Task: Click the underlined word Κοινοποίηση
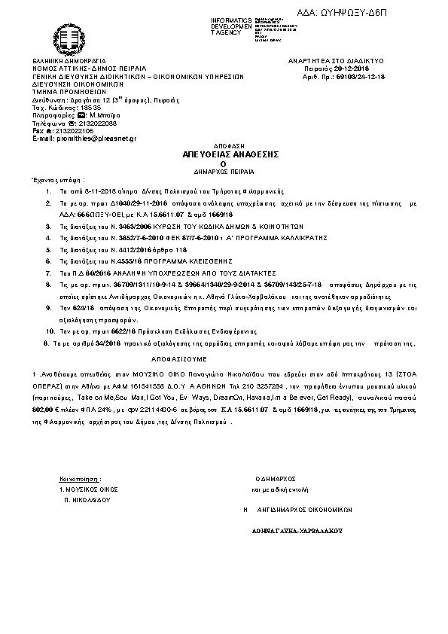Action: (78, 479)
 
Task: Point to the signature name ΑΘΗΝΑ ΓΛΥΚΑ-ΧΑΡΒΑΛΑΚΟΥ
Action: (297, 530)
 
